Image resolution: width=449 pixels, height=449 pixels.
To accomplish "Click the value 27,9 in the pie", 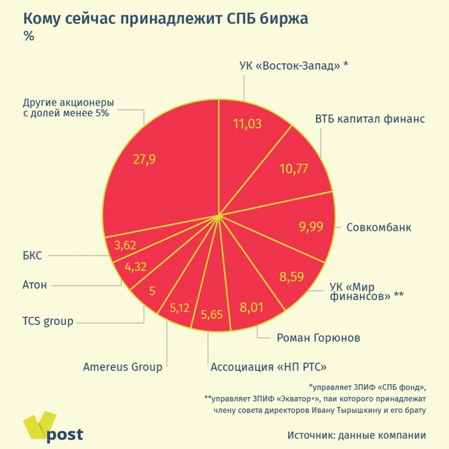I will tap(144, 160).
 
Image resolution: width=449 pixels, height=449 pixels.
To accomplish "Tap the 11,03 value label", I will tap(248, 124).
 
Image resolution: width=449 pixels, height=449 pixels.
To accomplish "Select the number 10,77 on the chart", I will tap(294, 169).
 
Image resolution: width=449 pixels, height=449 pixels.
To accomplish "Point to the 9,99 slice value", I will tap(311, 226).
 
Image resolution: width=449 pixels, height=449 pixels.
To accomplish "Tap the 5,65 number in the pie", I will tap(212, 314).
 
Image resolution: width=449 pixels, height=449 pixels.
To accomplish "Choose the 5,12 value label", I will tap(180, 308).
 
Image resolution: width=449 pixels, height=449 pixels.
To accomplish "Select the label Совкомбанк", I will tap(379, 227).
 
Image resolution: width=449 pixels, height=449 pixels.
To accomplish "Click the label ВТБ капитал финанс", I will tap(370, 118).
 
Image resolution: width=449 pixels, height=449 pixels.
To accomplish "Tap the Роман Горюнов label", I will tap(318, 339).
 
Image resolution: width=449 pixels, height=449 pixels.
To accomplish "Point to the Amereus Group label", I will tap(123, 367).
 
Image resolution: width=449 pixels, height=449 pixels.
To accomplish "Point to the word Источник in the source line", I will tap(310, 435).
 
